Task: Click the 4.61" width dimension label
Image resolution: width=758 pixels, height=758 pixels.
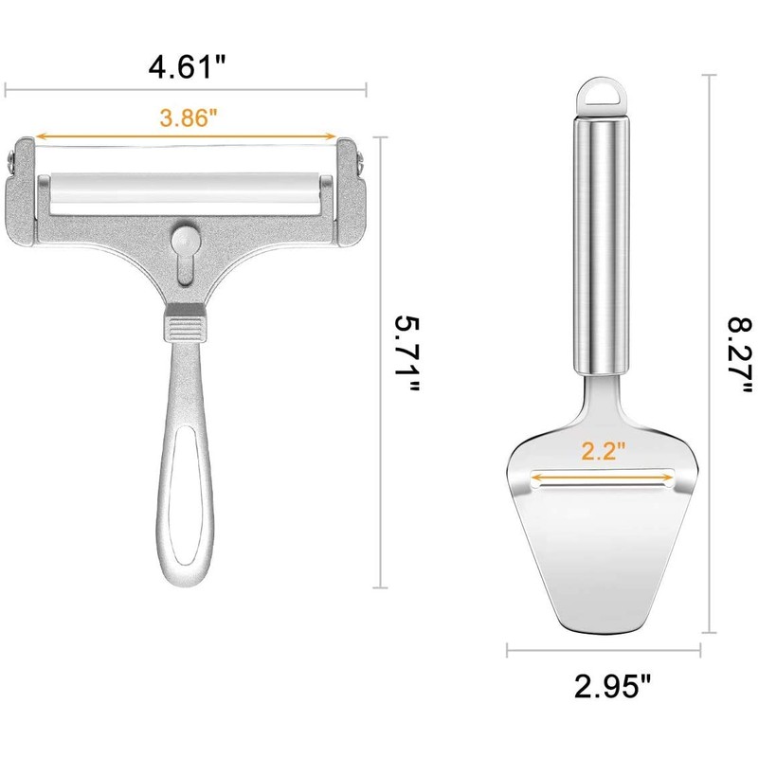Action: coord(187,66)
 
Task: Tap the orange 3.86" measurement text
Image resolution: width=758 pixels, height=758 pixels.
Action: coord(189,117)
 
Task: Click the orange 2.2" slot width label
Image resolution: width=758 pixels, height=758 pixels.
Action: coord(603,451)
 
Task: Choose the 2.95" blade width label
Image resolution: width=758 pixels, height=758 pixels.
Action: coord(612,685)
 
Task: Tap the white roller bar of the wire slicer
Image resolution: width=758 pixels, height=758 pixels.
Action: coord(185,193)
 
